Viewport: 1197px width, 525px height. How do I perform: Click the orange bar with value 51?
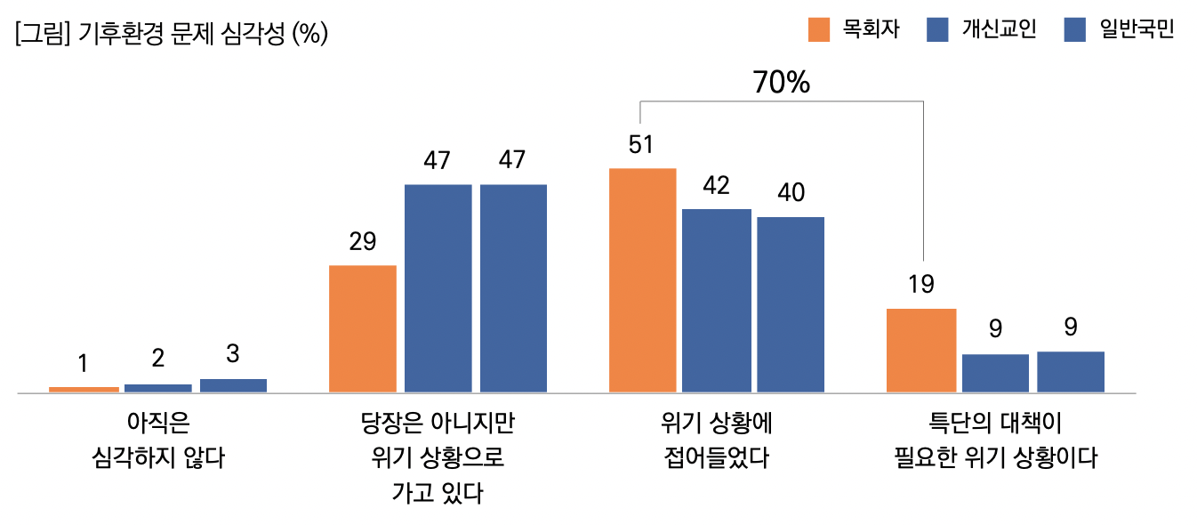[x=642, y=279]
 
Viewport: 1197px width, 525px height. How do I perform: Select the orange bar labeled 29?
[x=362, y=328]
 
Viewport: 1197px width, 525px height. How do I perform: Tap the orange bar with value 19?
[x=921, y=350]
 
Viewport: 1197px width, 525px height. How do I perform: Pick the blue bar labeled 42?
[x=716, y=300]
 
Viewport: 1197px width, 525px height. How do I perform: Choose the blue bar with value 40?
[x=791, y=304]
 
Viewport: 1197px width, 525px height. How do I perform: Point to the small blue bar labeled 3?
[x=233, y=385]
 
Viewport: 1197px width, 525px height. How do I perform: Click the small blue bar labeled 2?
[x=157, y=388]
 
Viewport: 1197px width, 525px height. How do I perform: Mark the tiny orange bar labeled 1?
[x=84, y=389]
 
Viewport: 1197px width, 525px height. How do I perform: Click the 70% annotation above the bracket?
[x=781, y=83]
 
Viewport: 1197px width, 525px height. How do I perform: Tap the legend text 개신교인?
[x=999, y=29]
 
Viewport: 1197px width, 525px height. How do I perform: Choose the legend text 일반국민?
[x=1137, y=29]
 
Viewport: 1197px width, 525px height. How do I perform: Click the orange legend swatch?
[x=818, y=29]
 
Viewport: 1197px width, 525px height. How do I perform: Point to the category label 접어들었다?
[x=716, y=458]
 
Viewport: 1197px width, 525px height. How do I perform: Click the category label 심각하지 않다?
[x=158, y=458]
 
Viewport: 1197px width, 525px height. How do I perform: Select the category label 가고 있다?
[x=437, y=492]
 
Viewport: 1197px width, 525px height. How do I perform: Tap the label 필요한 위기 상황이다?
[x=995, y=458]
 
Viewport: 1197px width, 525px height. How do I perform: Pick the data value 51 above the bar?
[x=641, y=145]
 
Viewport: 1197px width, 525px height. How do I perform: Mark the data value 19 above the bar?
[x=921, y=285]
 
